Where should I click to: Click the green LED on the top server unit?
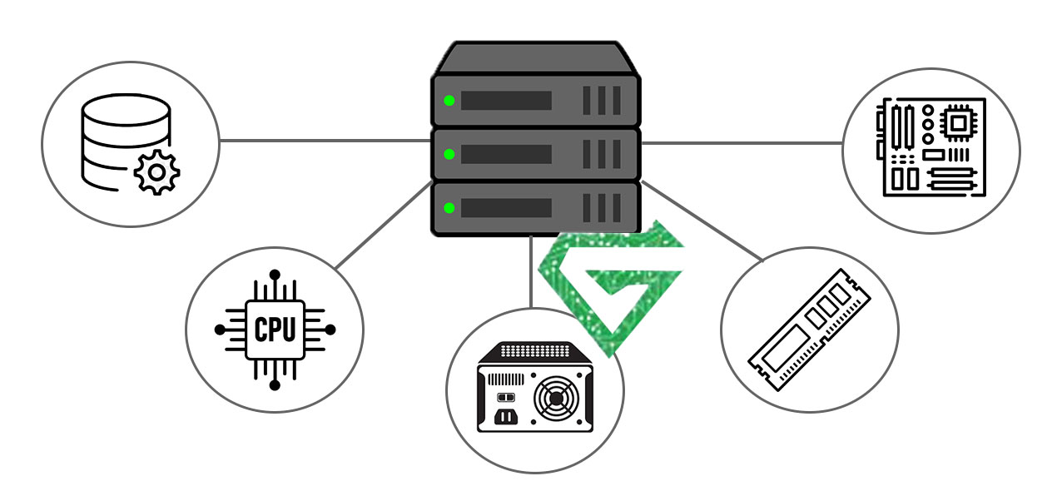click(449, 102)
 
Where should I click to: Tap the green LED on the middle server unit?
click(449, 155)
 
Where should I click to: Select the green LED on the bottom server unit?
click(449, 207)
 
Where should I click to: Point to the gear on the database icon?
click(156, 173)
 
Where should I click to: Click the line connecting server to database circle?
click(325, 141)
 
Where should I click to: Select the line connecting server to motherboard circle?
click(741, 143)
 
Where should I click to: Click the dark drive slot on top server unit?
click(506, 102)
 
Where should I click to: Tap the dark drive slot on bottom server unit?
click(506, 207)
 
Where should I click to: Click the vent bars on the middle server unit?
click(602, 155)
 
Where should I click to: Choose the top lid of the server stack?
click(535, 58)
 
